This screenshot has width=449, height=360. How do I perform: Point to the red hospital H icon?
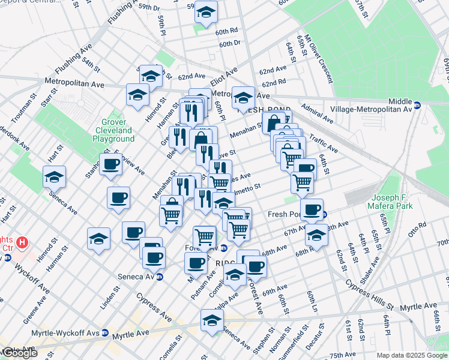pyautogui.click(x=22, y=243)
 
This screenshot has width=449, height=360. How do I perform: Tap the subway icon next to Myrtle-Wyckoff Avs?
pyautogui.click(x=104, y=332)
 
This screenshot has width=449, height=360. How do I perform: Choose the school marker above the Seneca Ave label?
pyautogui.click(x=55, y=176)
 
